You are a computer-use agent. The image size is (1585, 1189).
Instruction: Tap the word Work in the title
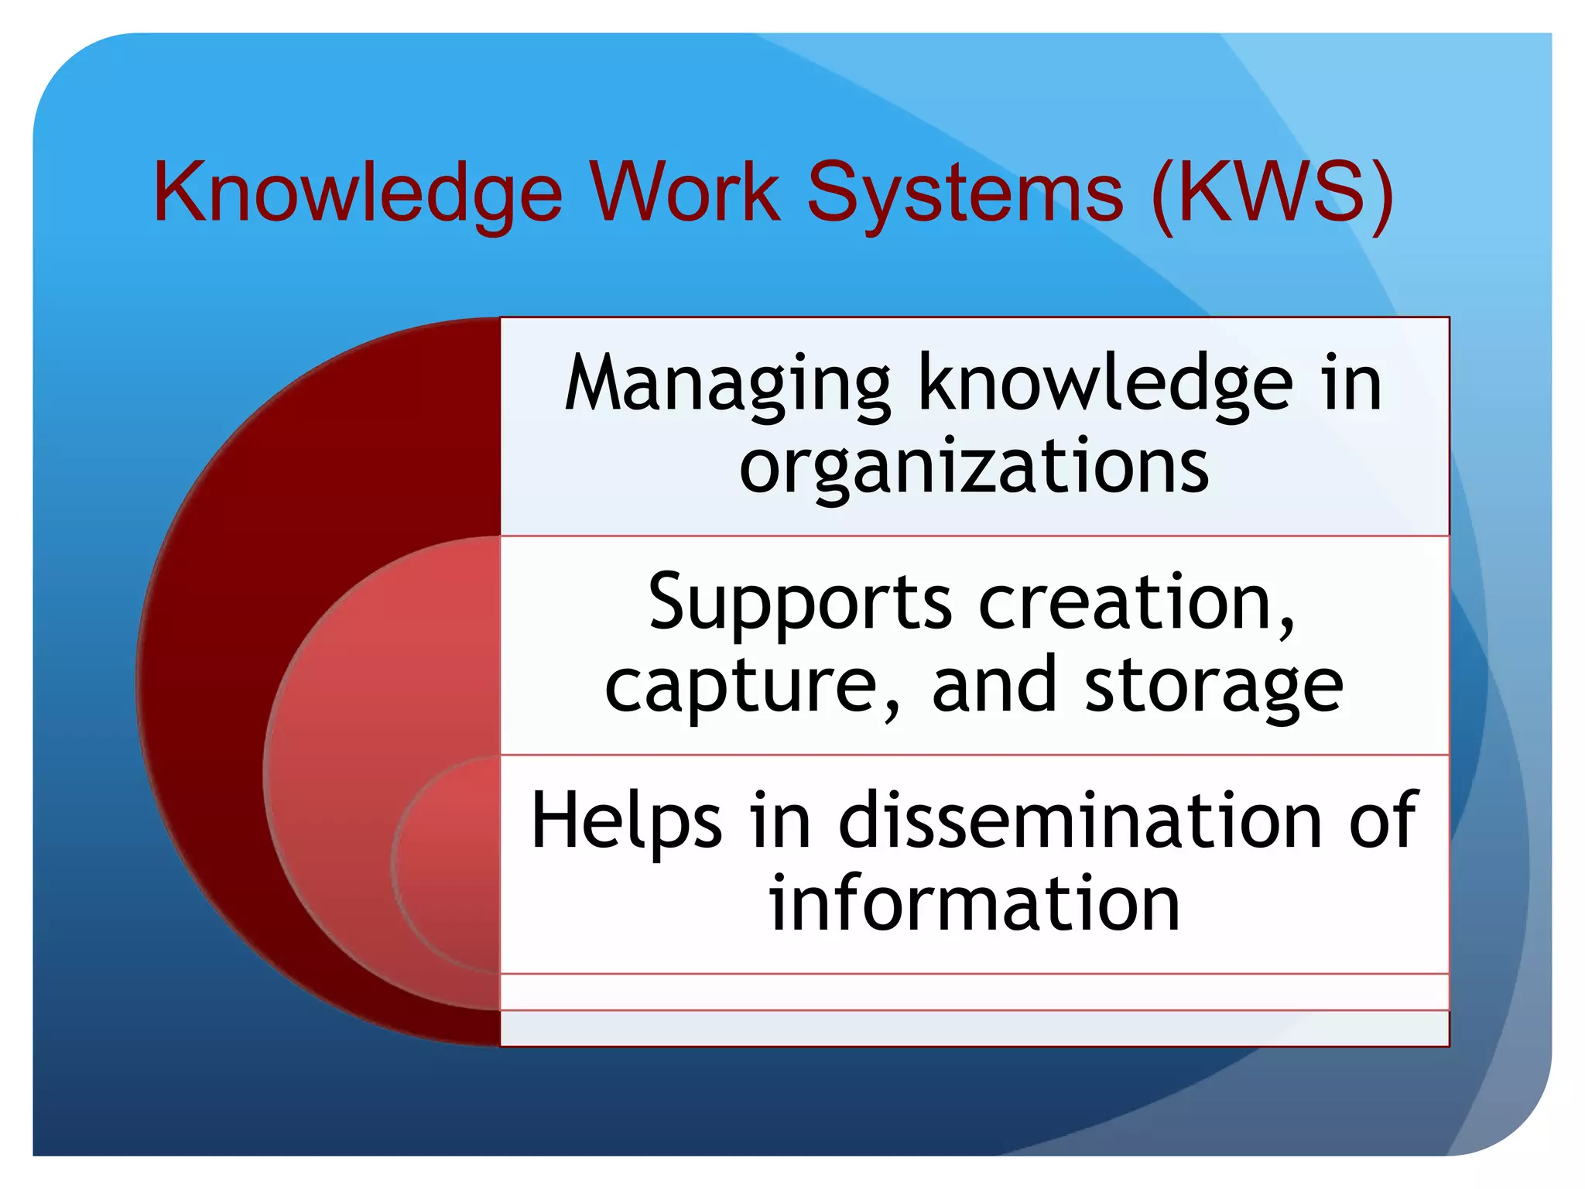tap(685, 192)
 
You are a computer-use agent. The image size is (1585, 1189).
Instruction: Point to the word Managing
tap(727, 384)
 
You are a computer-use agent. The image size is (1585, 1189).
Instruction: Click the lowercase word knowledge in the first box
tap(1105, 382)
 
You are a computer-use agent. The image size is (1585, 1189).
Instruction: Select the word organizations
tap(974, 467)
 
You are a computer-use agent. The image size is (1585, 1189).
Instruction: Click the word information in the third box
tap(974, 904)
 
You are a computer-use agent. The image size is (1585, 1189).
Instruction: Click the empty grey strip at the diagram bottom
tap(974, 1028)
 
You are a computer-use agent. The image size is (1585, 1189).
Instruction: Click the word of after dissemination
tap(1384, 821)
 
